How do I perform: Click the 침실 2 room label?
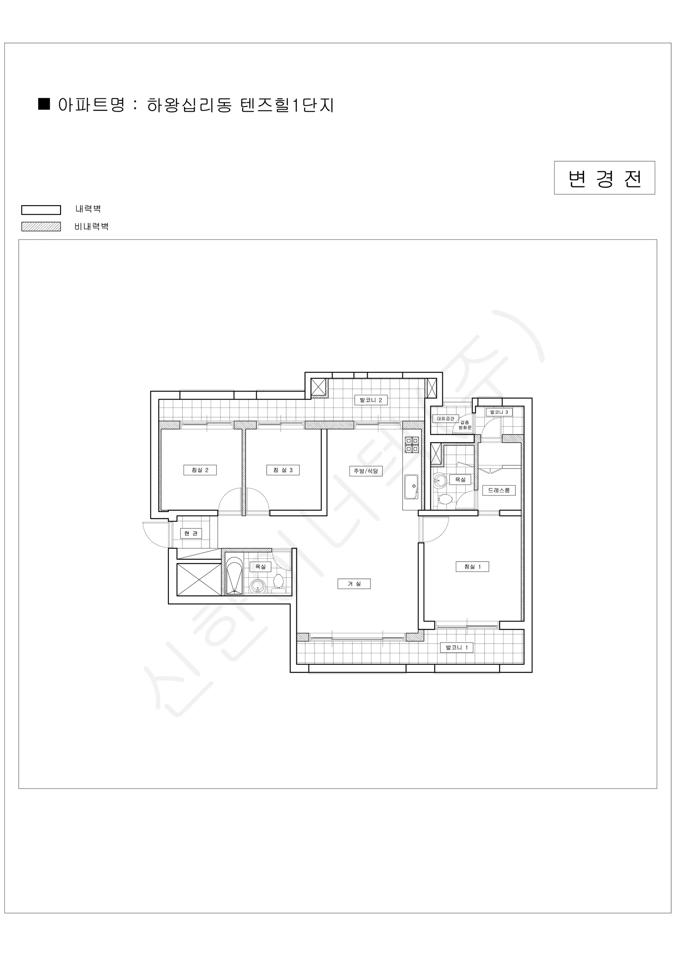click(x=200, y=470)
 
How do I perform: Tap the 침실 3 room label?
click(x=283, y=470)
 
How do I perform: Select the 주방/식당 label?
click(x=366, y=471)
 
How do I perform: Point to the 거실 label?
click(x=354, y=584)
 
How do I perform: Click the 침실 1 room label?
click(x=473, y=566)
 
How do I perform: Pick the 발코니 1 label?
click(x=457, y=647)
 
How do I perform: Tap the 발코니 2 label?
click(x=371, y=400)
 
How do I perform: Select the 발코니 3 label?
click(x=499, y=412)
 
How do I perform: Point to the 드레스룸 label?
click(x=499, y=490)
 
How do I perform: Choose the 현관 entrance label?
click(x=191, y=533)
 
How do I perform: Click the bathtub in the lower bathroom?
click(x=234, y=575)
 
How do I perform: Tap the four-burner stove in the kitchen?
click(x=412, y=445)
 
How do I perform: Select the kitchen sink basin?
click(x=412, y=487)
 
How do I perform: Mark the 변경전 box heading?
click(x=604, y=178)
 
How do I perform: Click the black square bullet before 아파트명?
click(x=44, y=104)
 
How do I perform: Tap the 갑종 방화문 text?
click(x=465, y=425)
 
